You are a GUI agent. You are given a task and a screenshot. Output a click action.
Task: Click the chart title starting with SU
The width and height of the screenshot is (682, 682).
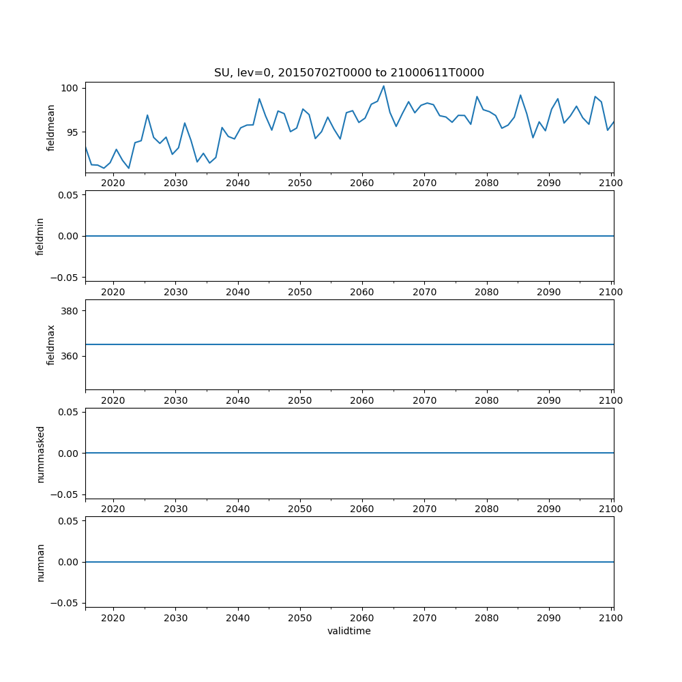click(349, 72)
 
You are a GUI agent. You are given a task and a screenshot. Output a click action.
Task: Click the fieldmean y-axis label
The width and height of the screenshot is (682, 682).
click(51, 128)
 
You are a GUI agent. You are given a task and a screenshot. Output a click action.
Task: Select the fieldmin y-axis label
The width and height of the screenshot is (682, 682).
click(40, 236)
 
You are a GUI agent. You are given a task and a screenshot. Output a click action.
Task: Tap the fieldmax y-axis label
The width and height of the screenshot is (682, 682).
click(51, 344)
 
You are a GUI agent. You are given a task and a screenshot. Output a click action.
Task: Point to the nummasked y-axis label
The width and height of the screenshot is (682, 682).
click(40, 454)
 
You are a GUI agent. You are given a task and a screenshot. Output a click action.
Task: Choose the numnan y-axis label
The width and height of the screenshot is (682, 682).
click(40, 562)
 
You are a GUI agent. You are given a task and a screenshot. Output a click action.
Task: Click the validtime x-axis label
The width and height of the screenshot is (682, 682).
click(349, 631)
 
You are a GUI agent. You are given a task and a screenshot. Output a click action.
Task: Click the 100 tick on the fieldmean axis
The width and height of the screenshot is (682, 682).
click(71, 88)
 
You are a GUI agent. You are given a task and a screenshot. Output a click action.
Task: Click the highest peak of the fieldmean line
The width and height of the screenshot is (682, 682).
click(383, 86)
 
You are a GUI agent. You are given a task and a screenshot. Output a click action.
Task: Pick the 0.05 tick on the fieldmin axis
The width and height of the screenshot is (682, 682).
click(68, 195)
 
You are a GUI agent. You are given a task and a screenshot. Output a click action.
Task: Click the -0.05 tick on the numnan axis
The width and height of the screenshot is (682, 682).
click(65, 603)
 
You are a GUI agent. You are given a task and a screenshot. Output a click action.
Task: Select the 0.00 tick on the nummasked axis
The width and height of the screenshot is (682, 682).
click(68, 454)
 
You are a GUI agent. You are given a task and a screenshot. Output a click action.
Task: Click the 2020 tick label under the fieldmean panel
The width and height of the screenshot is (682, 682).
click(113, 183)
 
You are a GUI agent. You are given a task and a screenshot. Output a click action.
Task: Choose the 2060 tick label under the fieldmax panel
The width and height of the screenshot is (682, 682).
click(362, 400)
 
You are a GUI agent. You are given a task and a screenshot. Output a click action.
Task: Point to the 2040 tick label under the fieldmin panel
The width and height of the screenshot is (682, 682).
click(237, 292)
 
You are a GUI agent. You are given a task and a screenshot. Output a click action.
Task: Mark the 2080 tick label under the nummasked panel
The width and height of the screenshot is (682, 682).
click(487, 509)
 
